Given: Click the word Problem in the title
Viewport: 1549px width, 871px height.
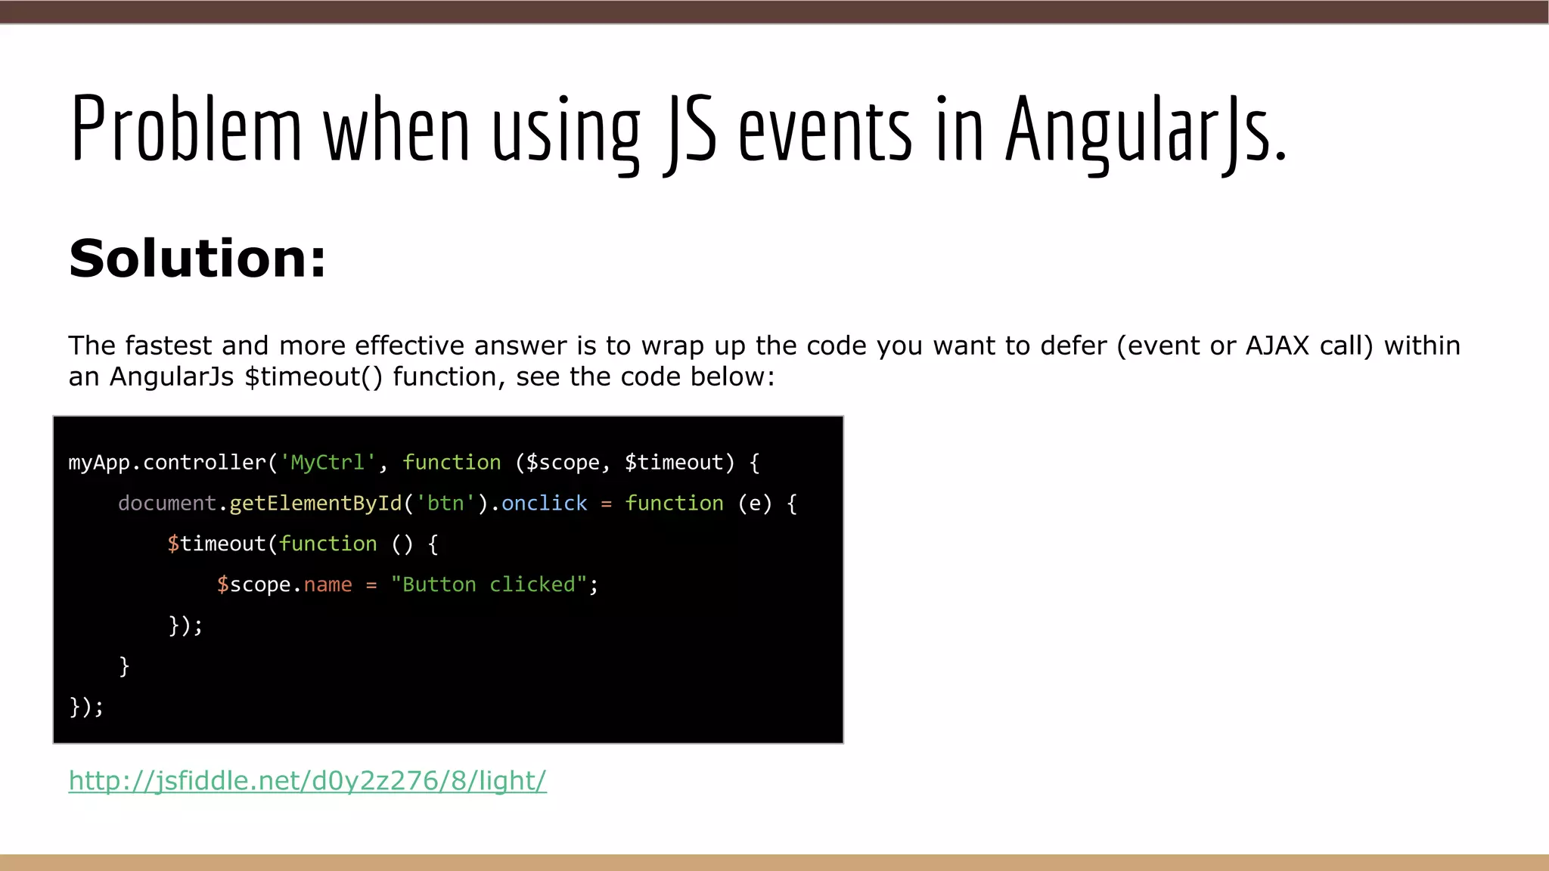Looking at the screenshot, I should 186,129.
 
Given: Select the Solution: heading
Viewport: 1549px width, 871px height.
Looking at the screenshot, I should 197,259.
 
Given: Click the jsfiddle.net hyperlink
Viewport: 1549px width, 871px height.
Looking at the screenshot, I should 307,780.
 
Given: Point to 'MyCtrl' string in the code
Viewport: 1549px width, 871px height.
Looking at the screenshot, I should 327,462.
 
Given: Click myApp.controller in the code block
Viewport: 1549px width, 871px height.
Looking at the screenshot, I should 167,462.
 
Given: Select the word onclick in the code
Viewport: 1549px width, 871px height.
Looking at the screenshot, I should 544,503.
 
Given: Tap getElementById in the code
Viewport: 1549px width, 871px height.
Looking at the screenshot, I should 315,503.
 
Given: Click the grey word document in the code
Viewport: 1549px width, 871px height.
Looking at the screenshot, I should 167,503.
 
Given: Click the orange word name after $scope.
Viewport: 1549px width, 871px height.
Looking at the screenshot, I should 327,584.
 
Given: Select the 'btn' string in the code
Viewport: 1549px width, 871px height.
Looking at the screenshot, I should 445,503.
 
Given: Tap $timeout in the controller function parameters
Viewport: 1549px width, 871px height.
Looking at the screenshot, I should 673,462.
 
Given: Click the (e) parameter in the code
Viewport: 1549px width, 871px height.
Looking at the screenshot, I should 754,503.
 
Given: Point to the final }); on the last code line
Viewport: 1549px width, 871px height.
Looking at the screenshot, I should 86,707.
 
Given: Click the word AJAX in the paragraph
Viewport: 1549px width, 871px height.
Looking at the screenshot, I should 1277,346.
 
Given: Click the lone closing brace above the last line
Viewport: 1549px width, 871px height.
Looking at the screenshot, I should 124,666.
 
